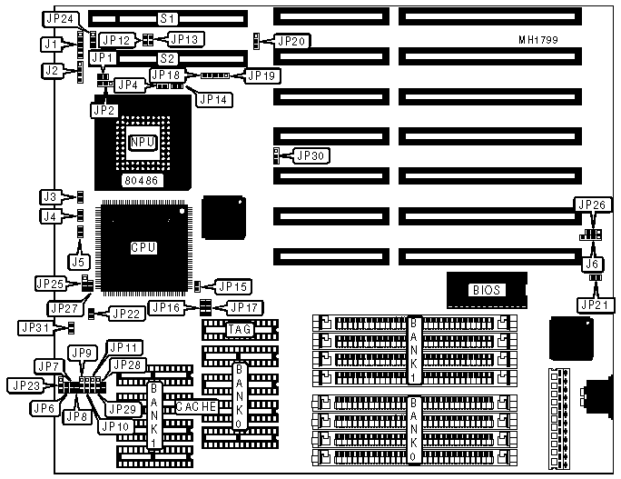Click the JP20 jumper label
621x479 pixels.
[293, 41]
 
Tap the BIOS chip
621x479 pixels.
[485, 290]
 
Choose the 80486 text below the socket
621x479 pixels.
[141, 181]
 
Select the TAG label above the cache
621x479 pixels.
[239, 328]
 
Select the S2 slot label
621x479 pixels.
[167, 58]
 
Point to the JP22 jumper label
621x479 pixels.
[125, 314]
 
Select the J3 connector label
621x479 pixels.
[51, 196]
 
